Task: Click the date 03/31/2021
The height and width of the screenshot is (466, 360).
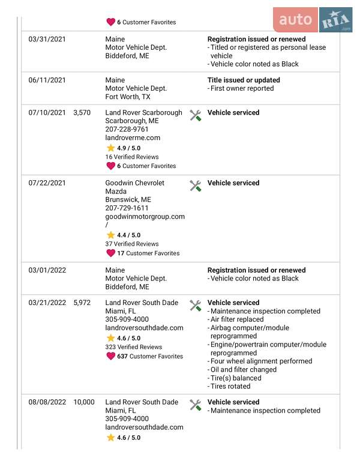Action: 47,39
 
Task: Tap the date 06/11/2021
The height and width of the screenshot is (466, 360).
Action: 47,80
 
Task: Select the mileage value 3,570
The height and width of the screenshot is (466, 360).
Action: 82,112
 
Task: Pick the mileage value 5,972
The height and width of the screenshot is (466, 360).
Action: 82,303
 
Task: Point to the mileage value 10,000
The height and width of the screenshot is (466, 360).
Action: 84,402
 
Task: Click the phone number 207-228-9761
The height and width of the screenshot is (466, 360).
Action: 127,129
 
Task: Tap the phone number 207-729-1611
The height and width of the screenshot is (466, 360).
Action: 127,208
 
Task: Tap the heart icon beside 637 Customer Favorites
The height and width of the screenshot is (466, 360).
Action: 110,356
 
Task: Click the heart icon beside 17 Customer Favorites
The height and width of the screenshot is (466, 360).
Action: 110,253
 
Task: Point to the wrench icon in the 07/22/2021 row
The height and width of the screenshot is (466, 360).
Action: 195,186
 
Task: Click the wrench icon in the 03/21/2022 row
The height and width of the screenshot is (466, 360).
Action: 195,306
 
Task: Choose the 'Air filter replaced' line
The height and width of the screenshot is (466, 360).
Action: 237,319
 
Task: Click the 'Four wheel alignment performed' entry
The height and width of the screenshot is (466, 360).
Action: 261,361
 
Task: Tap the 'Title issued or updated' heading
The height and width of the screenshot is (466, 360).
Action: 244,80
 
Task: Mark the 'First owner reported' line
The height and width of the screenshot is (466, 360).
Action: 242,88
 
